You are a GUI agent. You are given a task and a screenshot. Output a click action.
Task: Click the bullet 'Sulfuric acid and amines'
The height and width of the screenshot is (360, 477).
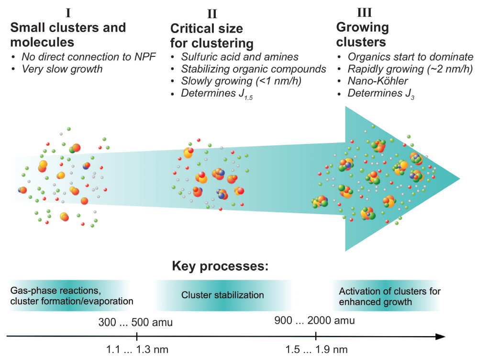240,57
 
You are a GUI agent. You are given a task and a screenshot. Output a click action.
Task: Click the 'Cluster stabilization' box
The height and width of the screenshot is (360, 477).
222,295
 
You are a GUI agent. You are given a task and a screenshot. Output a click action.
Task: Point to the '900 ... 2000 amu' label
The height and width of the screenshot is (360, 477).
314,320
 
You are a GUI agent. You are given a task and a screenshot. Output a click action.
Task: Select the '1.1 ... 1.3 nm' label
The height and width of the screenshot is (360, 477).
138,349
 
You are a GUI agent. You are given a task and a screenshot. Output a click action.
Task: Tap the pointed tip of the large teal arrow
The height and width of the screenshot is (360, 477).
459,179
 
